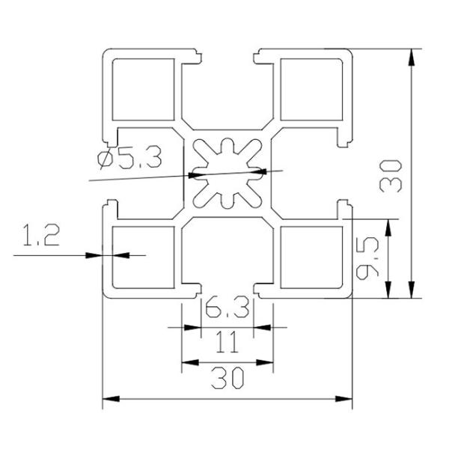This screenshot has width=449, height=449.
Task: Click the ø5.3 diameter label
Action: tap(128, 159)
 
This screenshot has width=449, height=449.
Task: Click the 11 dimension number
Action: tap(226, 343)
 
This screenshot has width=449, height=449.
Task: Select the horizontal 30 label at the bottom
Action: tap(227, 380)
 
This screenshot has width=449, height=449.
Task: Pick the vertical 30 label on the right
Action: tap(394, 177)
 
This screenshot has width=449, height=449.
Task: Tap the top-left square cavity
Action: tap(143, 88)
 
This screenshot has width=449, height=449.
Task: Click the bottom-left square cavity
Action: tap(143, 257)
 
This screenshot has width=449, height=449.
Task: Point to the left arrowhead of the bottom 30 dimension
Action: tap(107, 397)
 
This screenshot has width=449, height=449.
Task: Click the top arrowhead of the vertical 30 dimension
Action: tap(411, 55)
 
